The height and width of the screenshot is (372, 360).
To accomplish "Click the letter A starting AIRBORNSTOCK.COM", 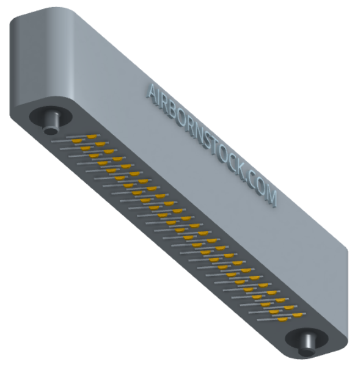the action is coord(152,94).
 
